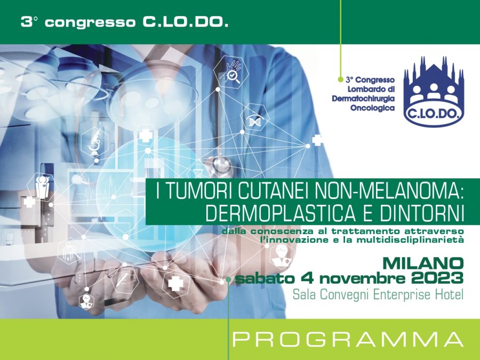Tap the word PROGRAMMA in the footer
(348, 339)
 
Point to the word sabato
(262, 278)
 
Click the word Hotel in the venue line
(447, 294)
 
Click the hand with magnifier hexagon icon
(233, 73)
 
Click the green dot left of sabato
(228, 279)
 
